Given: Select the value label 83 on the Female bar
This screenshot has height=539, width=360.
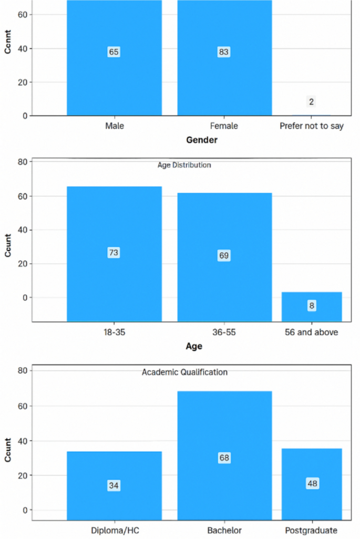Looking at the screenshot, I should [224, 52].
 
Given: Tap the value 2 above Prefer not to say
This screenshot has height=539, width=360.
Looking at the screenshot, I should [311, 102].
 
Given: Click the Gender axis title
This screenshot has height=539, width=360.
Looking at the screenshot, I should [202, 140].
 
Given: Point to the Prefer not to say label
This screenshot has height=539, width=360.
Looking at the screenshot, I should [312, 126].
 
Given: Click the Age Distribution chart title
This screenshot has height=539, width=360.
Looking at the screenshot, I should [184, 165].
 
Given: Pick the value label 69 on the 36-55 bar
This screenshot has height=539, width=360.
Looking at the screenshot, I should [224, 256].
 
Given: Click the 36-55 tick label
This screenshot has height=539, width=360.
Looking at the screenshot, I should [224, 333].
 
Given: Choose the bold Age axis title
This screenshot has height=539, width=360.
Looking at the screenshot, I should [194, 346].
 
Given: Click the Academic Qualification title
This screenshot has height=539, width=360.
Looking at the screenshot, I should [184, 372].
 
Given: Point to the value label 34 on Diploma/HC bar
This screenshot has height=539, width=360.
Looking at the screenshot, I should [114, 486].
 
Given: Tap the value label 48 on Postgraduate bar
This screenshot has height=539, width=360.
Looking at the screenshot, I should [312, 483].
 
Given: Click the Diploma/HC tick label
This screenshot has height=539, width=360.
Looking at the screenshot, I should [114, 530].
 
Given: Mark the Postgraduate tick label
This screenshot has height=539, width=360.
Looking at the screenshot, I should [312, 530].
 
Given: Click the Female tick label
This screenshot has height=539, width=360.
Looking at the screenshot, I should [224, 126].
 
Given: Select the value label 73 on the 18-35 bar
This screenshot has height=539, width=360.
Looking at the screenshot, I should [114, 253].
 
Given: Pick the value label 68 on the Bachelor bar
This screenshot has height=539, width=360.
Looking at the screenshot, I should [224, 458].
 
